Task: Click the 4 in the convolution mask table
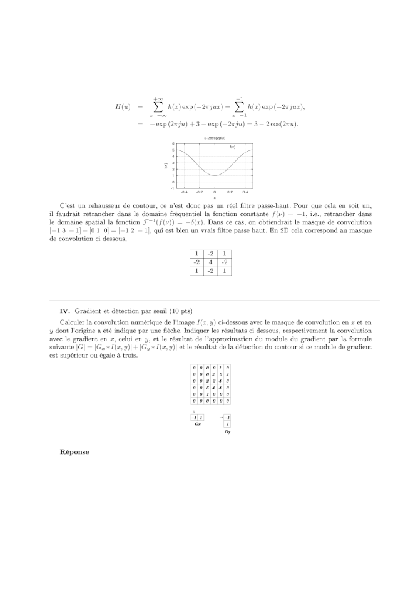(x=210, y=262)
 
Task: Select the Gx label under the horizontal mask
(x=197, y=424)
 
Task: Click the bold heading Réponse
(x=74, y=451)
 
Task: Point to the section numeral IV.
(x=64, y=311)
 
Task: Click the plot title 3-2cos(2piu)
(x=215, y=137)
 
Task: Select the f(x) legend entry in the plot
(x=233, y=147)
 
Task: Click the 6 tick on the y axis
(x=172, y=143)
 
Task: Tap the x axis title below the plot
(x=215, y=198)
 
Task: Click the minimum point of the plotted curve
(x=215, y=176)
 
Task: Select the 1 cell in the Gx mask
(x=201, y=418)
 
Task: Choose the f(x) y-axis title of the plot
(x=165, y=166)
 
